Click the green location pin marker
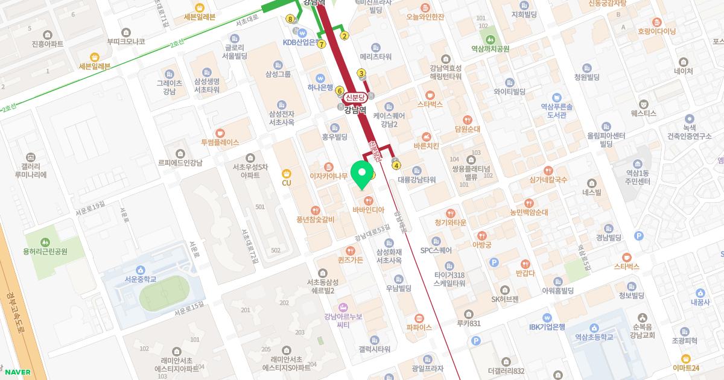coord(362,174)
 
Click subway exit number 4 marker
coord(396,165)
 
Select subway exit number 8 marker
coord(291,19)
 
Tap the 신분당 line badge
coord(355,98)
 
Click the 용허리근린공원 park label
coord(45,251)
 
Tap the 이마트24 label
coord(686,368)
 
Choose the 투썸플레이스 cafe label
coord(220,142)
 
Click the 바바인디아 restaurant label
coord(368,210)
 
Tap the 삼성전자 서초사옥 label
coord(281,118)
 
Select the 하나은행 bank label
coord(320,87)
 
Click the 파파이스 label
coord(419,328)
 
